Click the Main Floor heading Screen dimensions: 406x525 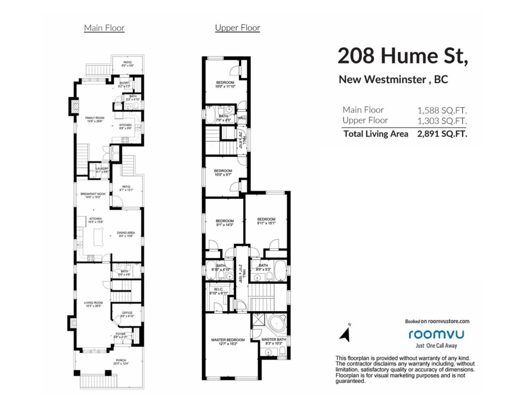tap(104, 28)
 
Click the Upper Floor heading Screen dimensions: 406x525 tap(238, 28)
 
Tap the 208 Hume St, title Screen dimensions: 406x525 tap(402, 56)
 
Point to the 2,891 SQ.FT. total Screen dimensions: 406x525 tap(442, 134)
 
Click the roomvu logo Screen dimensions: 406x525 tap(436, 334)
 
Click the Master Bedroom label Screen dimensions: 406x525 tap(227, 340)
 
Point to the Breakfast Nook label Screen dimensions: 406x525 tap(93, 194)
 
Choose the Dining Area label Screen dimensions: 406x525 tap(126, 233)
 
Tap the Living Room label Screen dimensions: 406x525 tap(93, 302)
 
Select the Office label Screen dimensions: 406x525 tap(127, 313)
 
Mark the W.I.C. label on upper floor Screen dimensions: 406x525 tap(217, 289)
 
